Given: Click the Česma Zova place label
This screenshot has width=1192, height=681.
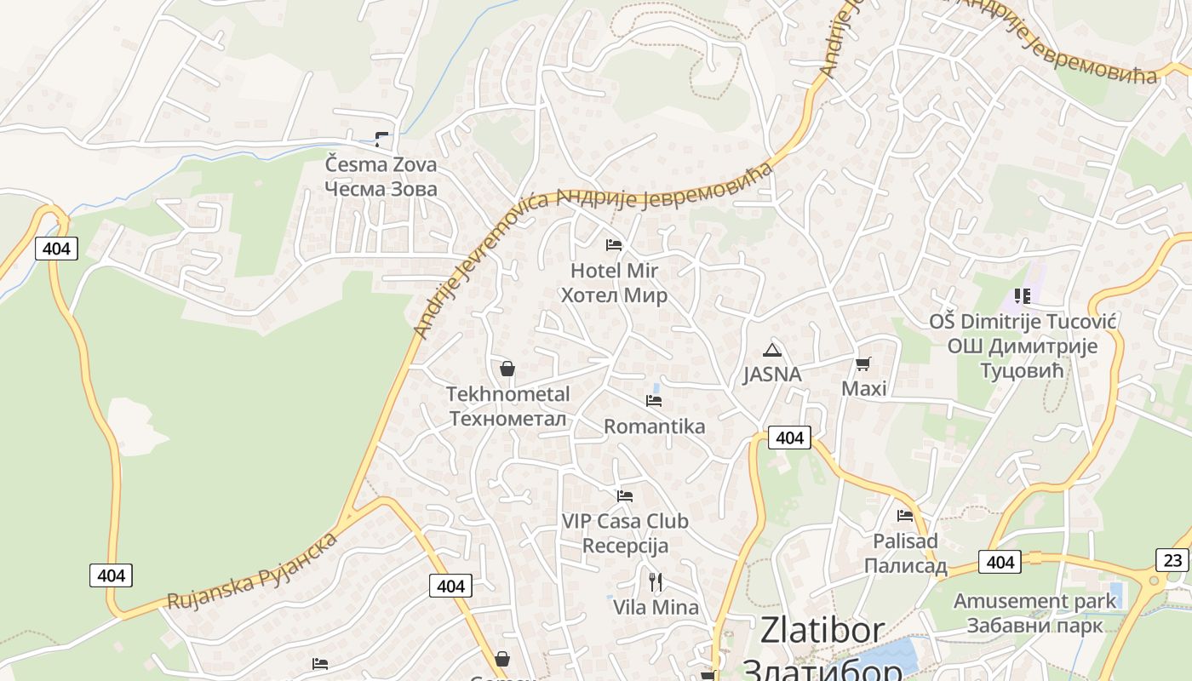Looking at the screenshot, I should pos(381,176).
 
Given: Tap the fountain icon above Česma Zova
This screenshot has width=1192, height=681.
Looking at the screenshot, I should pos(382,139).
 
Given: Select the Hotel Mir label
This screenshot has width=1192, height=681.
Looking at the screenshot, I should pos(614,283).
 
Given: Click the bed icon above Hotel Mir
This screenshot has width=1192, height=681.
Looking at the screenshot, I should pos(614,245).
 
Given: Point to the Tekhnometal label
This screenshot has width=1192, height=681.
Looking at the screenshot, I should pos(508,406).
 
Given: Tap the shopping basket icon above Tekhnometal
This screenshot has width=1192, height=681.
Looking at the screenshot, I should pos(507,369).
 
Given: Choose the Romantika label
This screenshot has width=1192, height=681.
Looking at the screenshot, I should pos(654,426).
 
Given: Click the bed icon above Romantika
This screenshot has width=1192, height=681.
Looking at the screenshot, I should pos(654,400).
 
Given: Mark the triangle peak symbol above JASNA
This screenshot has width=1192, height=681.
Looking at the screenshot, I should pos(772,350).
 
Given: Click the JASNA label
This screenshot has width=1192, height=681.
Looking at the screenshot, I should pos(772,375).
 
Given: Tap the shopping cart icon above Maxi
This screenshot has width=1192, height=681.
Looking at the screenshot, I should pos(863,364).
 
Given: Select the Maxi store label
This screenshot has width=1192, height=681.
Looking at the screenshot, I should pos(863,389).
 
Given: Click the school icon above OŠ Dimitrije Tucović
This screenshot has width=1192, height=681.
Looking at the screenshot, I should pos(1023,296).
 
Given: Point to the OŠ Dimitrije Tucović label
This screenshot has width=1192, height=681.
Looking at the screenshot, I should pos(1023,346).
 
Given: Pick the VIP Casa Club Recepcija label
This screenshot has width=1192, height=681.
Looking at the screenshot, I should pos(625,533).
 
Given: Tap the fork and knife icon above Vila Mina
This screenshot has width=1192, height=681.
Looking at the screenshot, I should pos(656,582).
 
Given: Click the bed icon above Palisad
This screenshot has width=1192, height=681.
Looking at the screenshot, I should pos(905,515).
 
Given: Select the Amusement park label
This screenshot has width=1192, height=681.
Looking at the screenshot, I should pos(1034,613).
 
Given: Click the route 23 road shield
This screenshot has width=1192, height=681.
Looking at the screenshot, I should pos(1172,559).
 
